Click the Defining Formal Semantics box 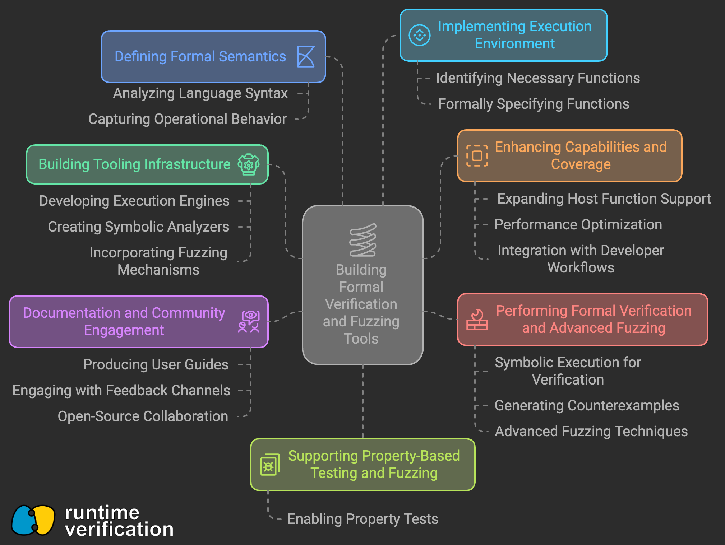point(213,57)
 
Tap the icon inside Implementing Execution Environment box point(419,35)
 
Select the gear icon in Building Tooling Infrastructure point(249,164)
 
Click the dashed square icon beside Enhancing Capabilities point(477,156)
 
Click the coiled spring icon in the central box point(363,240)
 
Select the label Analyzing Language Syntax point(200,93)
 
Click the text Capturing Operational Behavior point(188,119)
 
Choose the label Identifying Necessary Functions point(538,78)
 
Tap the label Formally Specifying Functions point(534,104)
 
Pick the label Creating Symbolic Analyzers point(138,227)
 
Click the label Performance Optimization point(578,225)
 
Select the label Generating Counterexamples point(587,406)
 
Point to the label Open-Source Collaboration point(143,416)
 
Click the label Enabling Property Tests point(363,519)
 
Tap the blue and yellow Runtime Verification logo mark point(33,520)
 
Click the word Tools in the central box point(361,339)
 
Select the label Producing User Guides point(156,365)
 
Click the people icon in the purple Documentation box point(249,322)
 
